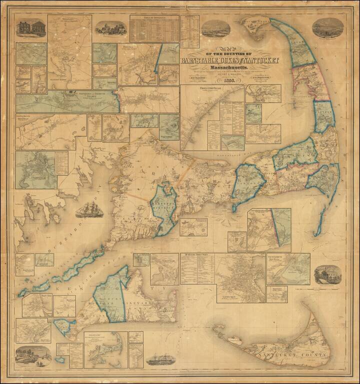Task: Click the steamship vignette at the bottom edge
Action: click(x=161, y=358)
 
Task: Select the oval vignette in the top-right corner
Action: click(x=327, y=28)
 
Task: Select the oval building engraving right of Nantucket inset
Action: click(x=327, y=274)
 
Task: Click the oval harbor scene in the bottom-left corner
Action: click(x=33, y=355)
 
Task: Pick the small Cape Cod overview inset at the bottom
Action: click(x=105, y=349)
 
